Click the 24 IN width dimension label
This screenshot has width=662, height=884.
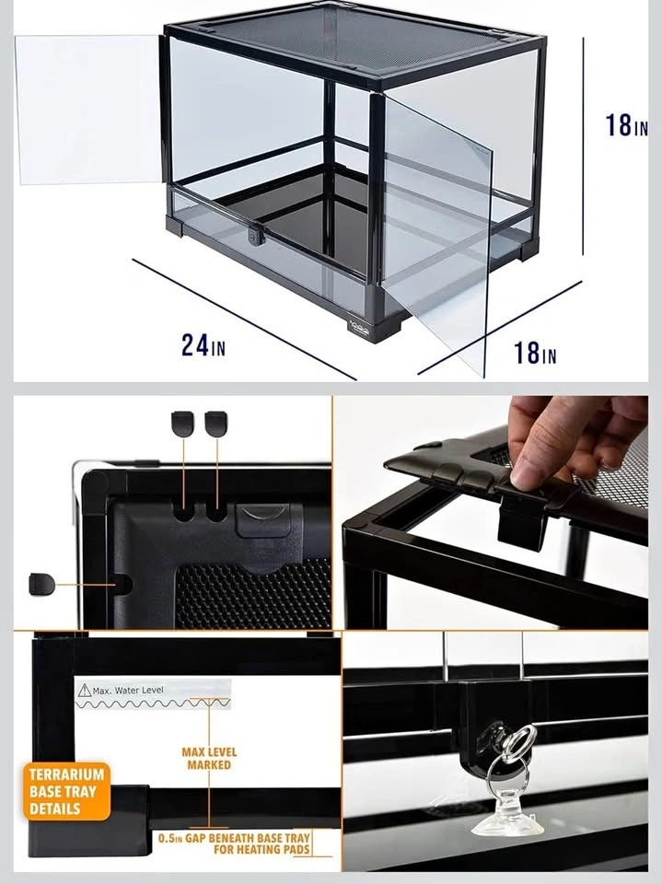coord(203,344)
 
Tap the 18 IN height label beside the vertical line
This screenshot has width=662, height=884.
coord(626,125)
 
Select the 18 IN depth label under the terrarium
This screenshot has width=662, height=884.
coord(535,353)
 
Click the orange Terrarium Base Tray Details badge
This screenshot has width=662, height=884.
coord(66,792)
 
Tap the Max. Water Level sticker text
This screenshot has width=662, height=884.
coord(128,690)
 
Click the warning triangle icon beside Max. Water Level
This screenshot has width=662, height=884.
coord(85,690)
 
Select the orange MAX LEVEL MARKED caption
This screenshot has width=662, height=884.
coord(209,758)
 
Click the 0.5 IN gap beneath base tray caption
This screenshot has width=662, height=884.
coord(234,843)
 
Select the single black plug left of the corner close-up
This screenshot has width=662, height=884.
coord(41,584)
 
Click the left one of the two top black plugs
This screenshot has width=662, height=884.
coord(182,423)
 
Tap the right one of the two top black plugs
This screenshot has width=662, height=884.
coord(216,423)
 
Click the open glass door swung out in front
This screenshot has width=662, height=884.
coord(436,231)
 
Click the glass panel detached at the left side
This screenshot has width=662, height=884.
coord(87,110)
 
